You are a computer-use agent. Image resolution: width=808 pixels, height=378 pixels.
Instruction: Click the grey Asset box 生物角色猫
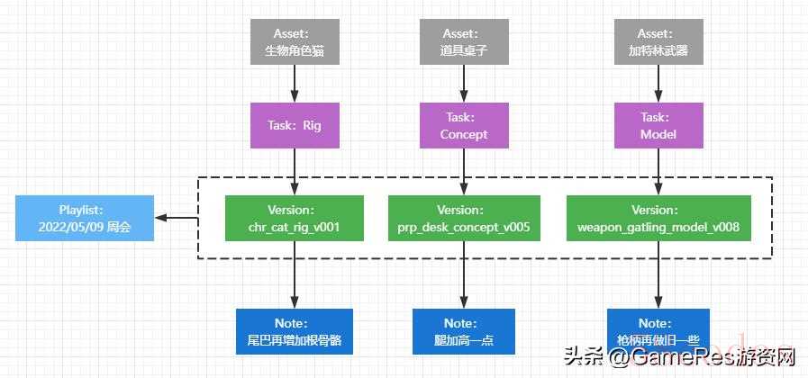[295, 41]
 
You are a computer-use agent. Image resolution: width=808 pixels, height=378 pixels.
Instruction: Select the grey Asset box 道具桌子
[464, 41]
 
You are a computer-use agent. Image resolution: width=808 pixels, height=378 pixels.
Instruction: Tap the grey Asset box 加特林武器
[658, 41]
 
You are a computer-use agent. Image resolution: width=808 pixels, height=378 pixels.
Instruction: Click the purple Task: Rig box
[295, 125]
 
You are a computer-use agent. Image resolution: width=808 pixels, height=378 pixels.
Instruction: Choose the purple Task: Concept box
[464, 125]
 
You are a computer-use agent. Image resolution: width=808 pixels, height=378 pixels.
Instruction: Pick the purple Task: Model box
[658, 125]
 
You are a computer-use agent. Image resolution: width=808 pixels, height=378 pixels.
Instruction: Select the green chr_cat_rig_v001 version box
[295, 218]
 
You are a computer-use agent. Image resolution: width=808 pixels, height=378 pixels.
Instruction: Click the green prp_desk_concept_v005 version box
[464, 218]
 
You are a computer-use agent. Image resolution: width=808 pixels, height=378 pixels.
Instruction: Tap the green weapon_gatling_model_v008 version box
[658, 218]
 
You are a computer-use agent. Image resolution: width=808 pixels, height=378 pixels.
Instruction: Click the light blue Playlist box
[85, 218]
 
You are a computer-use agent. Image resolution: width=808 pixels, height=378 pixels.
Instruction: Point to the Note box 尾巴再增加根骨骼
[295, 331]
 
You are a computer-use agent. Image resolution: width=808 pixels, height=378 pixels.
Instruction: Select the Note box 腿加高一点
[464, 331]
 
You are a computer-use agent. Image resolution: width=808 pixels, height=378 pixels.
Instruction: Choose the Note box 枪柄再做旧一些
[658, 331]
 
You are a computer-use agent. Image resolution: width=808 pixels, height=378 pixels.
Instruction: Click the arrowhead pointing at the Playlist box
[161, 218]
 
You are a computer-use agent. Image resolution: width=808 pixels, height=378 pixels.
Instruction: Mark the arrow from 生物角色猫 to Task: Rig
[295, 84]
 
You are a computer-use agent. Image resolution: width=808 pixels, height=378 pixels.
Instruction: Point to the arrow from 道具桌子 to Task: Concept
[464, 84]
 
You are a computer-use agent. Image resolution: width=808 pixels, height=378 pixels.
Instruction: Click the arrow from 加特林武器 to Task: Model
[658, 84]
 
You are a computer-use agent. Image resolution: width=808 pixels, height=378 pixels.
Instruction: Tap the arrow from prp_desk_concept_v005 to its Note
[464, 274]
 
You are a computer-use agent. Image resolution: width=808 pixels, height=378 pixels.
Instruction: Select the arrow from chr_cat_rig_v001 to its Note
[295, 274]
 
